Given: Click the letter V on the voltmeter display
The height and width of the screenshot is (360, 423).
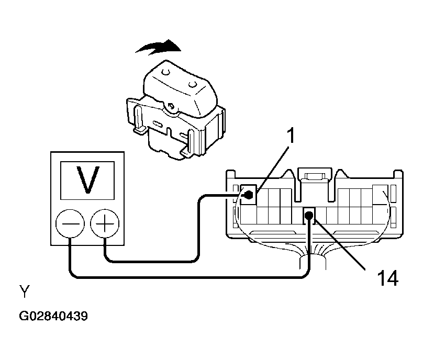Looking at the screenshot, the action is pos(87,180).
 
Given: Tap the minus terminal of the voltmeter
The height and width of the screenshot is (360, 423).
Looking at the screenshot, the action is pos(70,224).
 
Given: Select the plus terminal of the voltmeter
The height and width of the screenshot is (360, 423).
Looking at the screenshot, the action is pos(105,223).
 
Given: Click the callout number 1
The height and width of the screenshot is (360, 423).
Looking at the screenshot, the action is pos(290,136).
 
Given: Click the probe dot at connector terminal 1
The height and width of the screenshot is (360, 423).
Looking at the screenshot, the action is pos(248,195).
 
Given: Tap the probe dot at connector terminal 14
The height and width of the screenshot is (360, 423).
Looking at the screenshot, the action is pos(309,215).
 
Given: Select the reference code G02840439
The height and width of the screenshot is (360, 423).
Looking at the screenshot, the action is pos(53,316).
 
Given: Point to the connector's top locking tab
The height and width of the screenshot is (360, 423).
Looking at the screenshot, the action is pos(315,176).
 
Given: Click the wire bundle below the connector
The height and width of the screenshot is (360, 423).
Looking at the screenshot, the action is pos(313,261).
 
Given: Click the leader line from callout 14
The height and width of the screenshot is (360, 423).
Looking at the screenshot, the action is pos(340,244).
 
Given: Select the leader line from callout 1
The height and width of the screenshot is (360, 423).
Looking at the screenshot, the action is pos(273,170).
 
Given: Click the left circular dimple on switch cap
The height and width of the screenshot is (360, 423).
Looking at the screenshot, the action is pos(165,72).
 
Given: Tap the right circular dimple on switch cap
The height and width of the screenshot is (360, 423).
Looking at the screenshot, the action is pos(193,85).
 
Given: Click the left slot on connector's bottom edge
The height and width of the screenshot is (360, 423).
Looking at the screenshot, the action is pos(272,232).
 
